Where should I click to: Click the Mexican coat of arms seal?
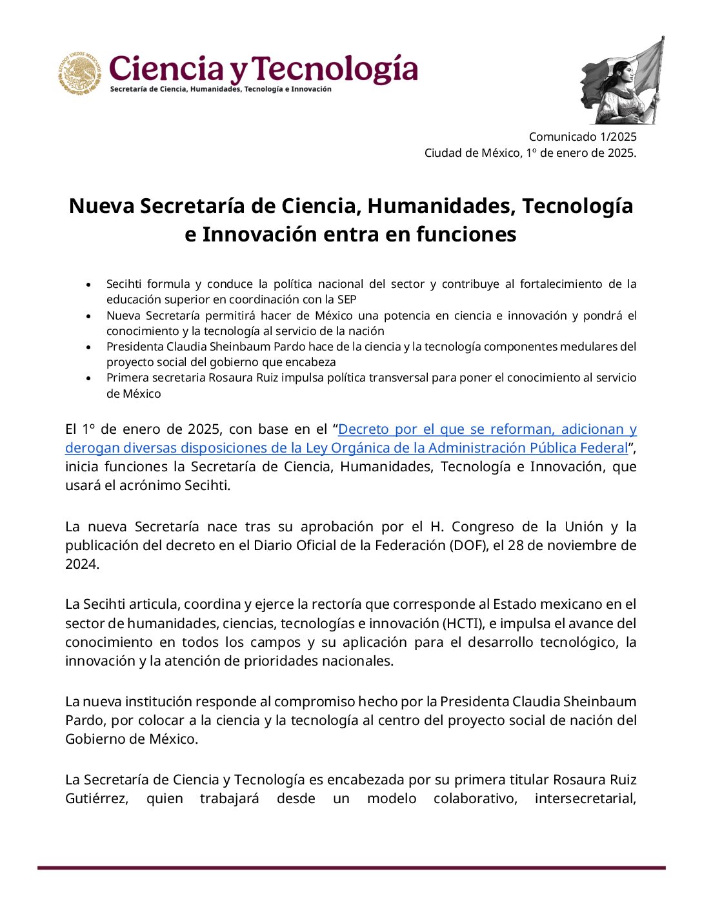click(79, 73)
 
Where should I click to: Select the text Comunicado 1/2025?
click(582, 136)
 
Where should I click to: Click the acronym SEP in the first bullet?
click(346, 300)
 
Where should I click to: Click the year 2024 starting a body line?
click(81, 564)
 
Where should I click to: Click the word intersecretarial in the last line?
click(585, 799)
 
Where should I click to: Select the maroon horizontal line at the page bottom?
click(351, 868)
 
